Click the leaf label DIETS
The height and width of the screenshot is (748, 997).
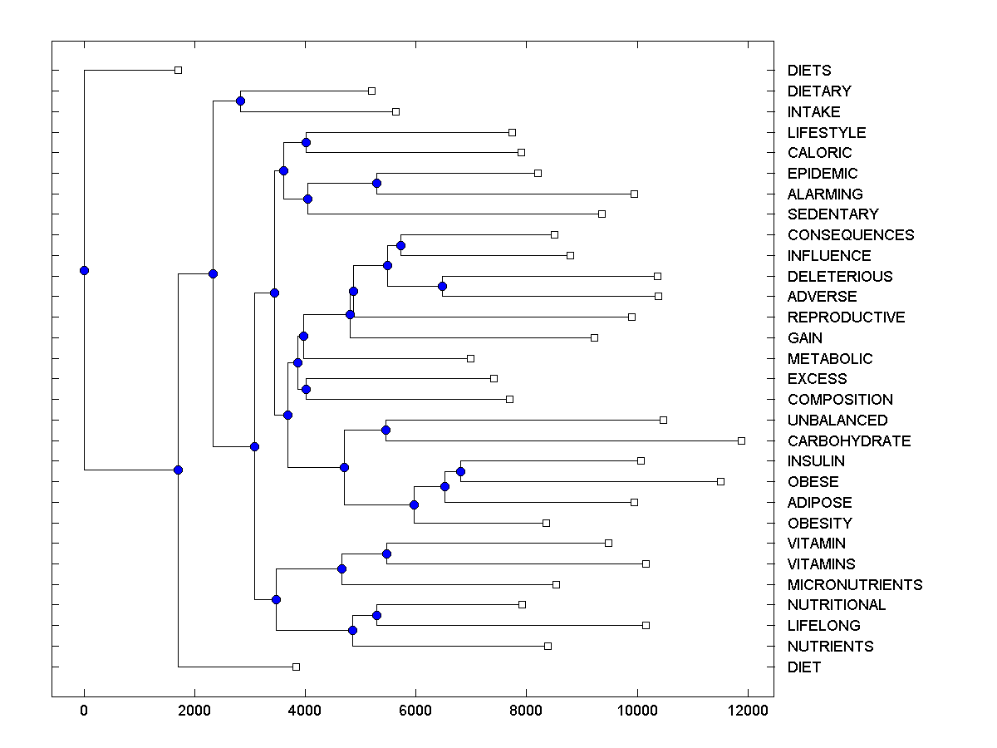point(809,71)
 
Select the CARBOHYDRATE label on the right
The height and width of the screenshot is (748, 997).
point(849,441)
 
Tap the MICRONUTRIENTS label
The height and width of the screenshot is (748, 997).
point(855,585)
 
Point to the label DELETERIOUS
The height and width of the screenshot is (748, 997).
point(840,277)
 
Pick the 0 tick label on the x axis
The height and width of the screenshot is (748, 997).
point(84,709)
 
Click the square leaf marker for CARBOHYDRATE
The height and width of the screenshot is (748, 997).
point(741,440)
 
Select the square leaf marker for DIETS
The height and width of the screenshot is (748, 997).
point(178,70)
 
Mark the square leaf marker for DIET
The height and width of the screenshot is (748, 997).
point(296,667)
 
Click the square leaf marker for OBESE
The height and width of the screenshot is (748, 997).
point(720,481)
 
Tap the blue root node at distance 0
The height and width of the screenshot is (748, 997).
point(84,270)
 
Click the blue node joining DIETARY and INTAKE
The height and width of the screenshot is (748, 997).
point(240,101)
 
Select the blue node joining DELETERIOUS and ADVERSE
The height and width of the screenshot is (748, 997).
point(442,286)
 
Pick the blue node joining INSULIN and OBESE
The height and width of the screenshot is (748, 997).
point(460,471)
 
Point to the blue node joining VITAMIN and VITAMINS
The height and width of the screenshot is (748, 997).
point(386,554)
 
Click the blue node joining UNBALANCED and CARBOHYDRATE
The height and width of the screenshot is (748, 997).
point(386,430)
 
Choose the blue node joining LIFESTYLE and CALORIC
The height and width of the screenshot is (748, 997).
point(306,142)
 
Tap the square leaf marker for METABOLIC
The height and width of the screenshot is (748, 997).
point(470,358)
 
